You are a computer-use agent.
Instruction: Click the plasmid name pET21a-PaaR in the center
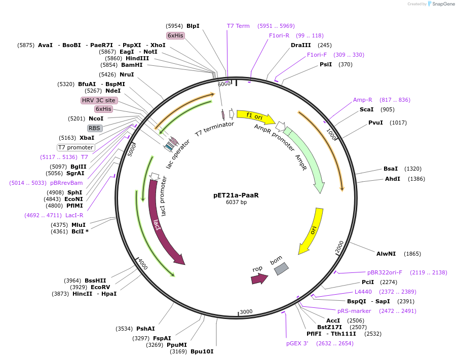pyautogui.click(x=237, y=195)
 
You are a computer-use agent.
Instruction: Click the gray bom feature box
pyautogui.click(x=281, y=269)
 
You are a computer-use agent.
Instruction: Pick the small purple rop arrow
pyautogui.click(x=259, y=278)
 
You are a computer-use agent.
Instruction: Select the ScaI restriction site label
pyautogui.click(x=366, y=109)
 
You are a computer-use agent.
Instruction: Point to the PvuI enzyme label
pyautogui.click(x=375, y=123)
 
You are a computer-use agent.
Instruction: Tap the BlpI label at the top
pyautogui.click(x=193, y=26)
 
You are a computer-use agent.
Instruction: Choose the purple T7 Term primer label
pyautogui.click(x=238, y=26)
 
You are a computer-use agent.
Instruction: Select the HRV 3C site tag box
pyautogui.click(x=99, y=100)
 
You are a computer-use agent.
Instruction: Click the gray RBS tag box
pyautogui.click(x=95, y=128)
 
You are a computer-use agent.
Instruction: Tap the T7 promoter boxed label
pyautogui.click(x=75, y=147)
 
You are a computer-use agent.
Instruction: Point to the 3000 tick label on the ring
pyautogui.click(x=246, y=312)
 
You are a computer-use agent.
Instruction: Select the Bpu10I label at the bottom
pyautogui.click(x=202, y=351)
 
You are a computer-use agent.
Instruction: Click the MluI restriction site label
pyautogui.click(x=79, y=225)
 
